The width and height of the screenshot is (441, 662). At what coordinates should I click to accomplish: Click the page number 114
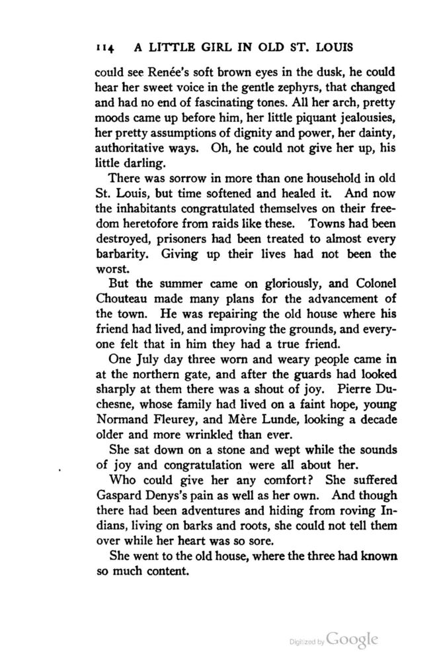106,48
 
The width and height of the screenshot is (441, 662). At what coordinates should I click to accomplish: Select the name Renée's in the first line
155,74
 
